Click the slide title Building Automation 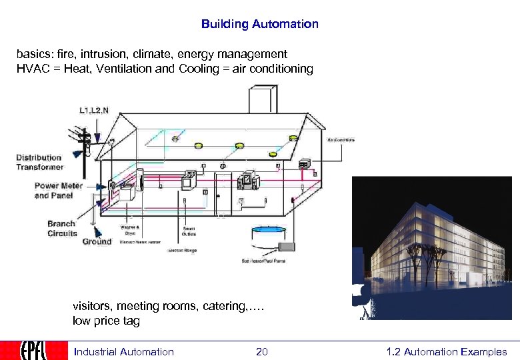tap(259, 24)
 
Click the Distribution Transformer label tap(39, 162)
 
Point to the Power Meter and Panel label tap(58, 191)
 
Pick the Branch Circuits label tap(62, 229)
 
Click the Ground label tap(97, 241)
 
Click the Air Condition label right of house tap(341, 140)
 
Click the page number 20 tap(261, 351)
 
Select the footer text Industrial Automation tap(123, 351)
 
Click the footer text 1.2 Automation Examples tap(446, 351)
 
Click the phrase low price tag tap(107, 321)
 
